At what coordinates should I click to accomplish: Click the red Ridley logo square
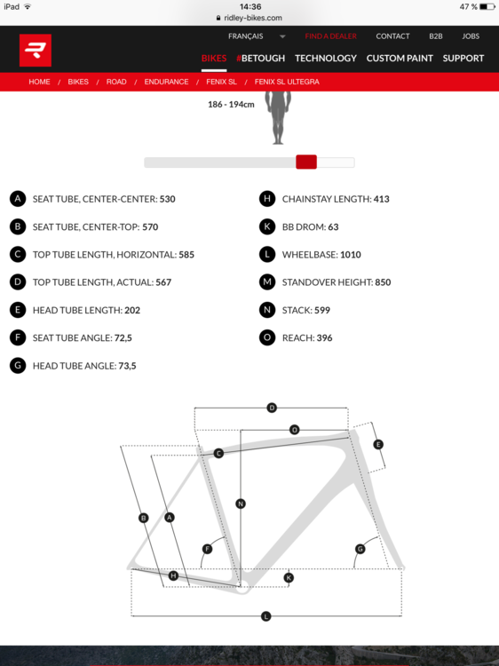36,50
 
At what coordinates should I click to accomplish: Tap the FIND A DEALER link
330,36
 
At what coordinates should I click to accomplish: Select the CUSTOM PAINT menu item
400,59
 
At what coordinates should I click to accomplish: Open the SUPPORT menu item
463,59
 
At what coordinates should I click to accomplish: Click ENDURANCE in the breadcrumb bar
166,82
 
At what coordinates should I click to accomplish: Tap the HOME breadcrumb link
39,82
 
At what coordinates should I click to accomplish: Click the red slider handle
306,162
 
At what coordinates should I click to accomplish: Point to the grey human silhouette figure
278,117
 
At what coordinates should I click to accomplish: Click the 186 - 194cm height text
231,105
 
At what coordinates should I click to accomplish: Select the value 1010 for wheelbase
351,255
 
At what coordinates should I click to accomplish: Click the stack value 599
322,310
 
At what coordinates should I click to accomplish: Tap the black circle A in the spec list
18,199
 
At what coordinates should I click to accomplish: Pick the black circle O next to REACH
267,337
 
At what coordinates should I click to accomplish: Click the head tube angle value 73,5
127,366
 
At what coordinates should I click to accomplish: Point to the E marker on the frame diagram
378,444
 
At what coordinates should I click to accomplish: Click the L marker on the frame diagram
265,616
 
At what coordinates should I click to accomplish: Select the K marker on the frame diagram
289,578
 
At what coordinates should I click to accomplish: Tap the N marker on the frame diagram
241,503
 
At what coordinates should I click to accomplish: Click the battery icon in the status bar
487,7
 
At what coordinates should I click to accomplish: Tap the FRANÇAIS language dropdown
257,36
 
